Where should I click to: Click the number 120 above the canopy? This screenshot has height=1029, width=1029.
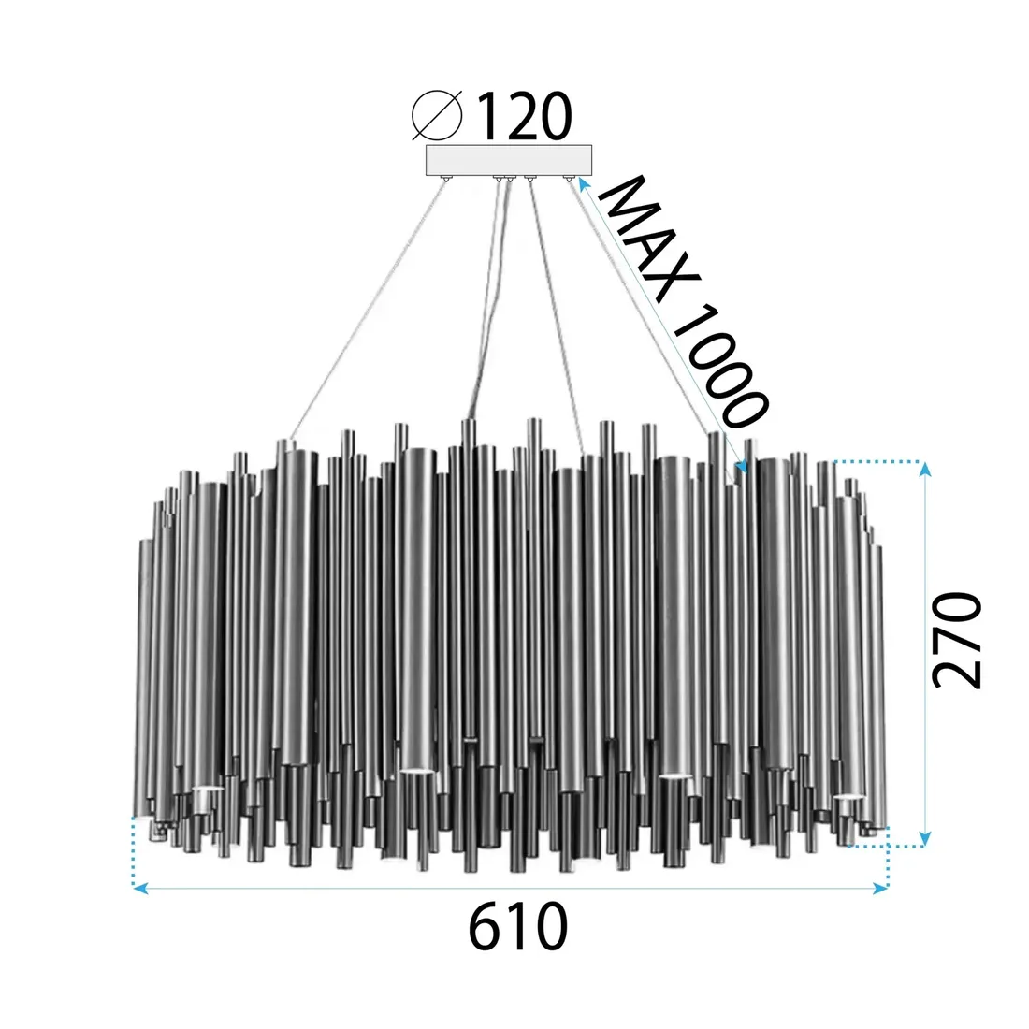[524, 117]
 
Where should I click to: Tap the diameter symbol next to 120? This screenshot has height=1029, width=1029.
[438, 117]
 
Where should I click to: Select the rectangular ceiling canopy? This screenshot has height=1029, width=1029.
[510, 160]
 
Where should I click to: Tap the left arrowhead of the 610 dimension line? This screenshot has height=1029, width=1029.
[139, 888]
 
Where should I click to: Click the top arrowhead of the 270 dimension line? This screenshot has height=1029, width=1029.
[926, 469]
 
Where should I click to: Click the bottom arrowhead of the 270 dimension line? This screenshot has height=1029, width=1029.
[926, 838]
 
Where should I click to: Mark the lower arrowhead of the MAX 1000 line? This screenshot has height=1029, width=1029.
[742, 465]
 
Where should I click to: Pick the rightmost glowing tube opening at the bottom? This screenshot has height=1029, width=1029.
[847, 796]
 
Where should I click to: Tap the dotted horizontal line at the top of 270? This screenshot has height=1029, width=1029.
[879, 462]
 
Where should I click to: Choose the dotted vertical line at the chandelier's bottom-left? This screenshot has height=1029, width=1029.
[134, 851]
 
